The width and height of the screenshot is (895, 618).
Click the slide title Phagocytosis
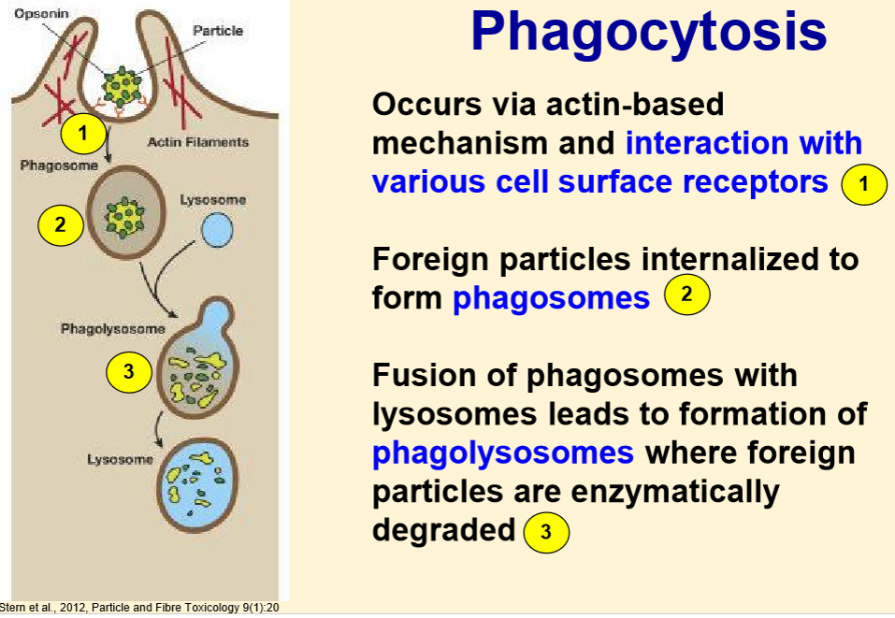tap(649, 33)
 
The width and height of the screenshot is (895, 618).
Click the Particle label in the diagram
tap(217, 31)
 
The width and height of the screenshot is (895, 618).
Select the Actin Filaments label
tap(198, 142)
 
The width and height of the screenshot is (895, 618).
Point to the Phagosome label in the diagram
tap(58, 165)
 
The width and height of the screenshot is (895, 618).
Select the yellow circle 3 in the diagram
tap(129, 372)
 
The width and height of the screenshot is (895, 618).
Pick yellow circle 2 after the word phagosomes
tap(687, 295)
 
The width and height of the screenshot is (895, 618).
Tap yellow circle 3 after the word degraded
tap(547, 533)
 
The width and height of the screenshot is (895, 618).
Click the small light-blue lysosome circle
tap(219, 231)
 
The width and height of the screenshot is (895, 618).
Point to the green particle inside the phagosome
tap(124, 218)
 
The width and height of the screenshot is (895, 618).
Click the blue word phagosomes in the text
tap(551, 298)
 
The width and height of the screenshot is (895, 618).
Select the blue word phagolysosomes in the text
tap(503, 453)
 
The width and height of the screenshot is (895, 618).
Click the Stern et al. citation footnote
tap(139, 609)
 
